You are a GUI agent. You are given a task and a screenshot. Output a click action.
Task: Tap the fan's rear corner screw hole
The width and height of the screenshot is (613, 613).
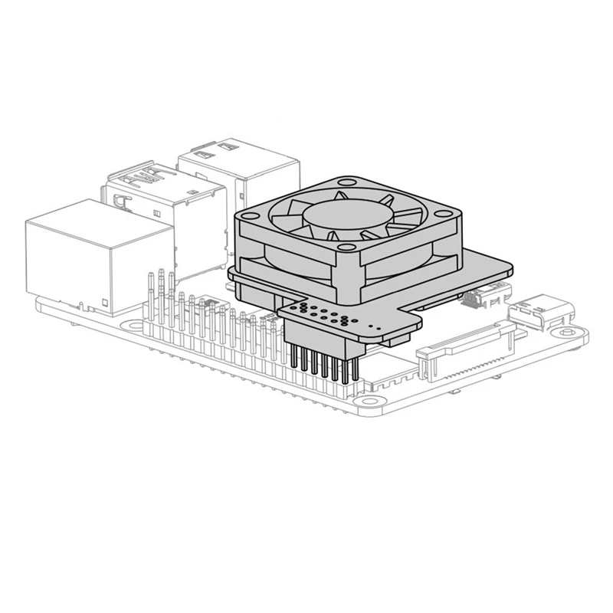[346, 183]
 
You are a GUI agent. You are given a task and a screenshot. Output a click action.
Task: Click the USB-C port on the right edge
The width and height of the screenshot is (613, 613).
[546, 309]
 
